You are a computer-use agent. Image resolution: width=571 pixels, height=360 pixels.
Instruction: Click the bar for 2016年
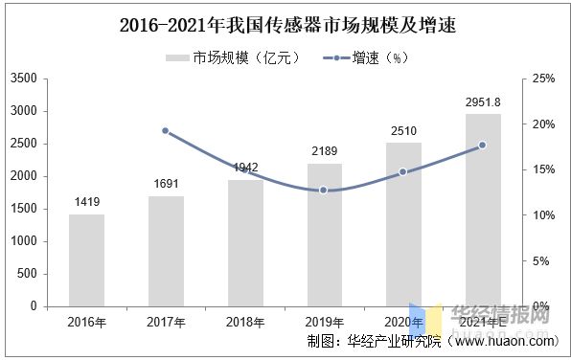[x=86, y=259]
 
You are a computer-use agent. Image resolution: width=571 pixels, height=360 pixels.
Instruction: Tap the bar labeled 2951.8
[x=483, y=210]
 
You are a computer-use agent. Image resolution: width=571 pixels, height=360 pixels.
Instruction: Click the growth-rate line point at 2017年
[x=165, y=130]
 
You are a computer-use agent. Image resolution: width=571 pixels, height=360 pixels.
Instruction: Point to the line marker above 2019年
[x=324, y=191]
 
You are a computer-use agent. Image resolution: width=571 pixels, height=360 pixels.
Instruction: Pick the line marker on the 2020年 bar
[x=403, y=172]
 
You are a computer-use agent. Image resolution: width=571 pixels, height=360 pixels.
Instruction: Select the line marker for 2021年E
[x=483, y=146]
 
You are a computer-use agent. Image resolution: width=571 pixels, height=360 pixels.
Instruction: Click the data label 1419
[x=86, y=202]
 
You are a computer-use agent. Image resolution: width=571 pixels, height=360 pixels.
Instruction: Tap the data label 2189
[x=324, y=151]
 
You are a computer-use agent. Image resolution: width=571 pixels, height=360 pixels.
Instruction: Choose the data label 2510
[x=403, y=130]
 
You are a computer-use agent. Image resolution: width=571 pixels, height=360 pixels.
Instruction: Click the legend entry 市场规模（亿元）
[x=235, y=57]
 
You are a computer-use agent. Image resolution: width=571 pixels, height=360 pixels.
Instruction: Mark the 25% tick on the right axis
[x=543, y=79]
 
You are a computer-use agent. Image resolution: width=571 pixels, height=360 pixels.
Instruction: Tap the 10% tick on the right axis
[x=543, y=215]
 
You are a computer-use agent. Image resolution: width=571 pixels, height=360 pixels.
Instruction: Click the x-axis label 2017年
[x=166, y=322]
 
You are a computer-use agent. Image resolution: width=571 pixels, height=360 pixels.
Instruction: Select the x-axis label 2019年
[x=324, y=322]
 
